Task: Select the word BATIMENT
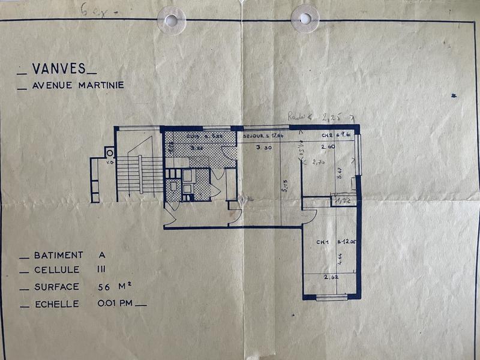tap(59, 255)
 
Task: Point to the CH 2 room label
tap(328, 136)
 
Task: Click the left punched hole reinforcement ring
tap(172, 20)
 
